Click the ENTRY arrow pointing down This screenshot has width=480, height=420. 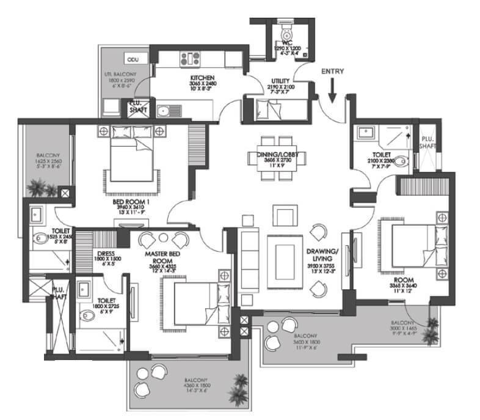pos(332,93)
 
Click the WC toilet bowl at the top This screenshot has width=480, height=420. pos(285,31)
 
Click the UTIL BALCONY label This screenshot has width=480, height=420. pos(117,74)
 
